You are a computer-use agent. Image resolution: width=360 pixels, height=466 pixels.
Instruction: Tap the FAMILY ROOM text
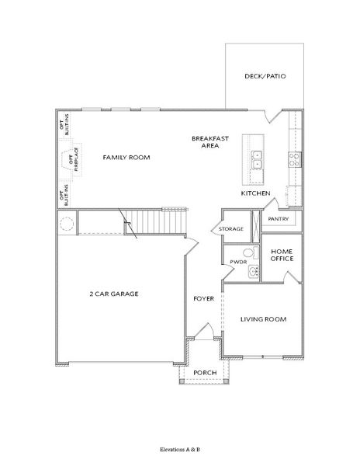126,158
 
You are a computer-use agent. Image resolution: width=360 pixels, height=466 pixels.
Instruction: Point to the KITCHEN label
255,193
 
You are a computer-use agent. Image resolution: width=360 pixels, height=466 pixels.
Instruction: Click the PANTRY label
279,220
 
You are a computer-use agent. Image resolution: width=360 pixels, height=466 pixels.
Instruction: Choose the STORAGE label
231,229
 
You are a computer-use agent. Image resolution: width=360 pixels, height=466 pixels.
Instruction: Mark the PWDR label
237,263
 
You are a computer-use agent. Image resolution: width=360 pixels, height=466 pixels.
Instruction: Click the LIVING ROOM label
263,319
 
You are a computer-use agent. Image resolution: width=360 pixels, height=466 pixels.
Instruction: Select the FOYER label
203,298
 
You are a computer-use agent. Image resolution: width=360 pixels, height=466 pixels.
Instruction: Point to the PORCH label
204,373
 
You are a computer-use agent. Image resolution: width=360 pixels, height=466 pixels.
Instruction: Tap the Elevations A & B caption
179,450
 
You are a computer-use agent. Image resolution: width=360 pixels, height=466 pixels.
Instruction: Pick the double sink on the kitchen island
257,158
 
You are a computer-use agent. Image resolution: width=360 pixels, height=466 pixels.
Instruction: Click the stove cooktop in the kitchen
295,159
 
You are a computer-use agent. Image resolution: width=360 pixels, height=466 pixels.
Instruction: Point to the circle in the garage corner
67,224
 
